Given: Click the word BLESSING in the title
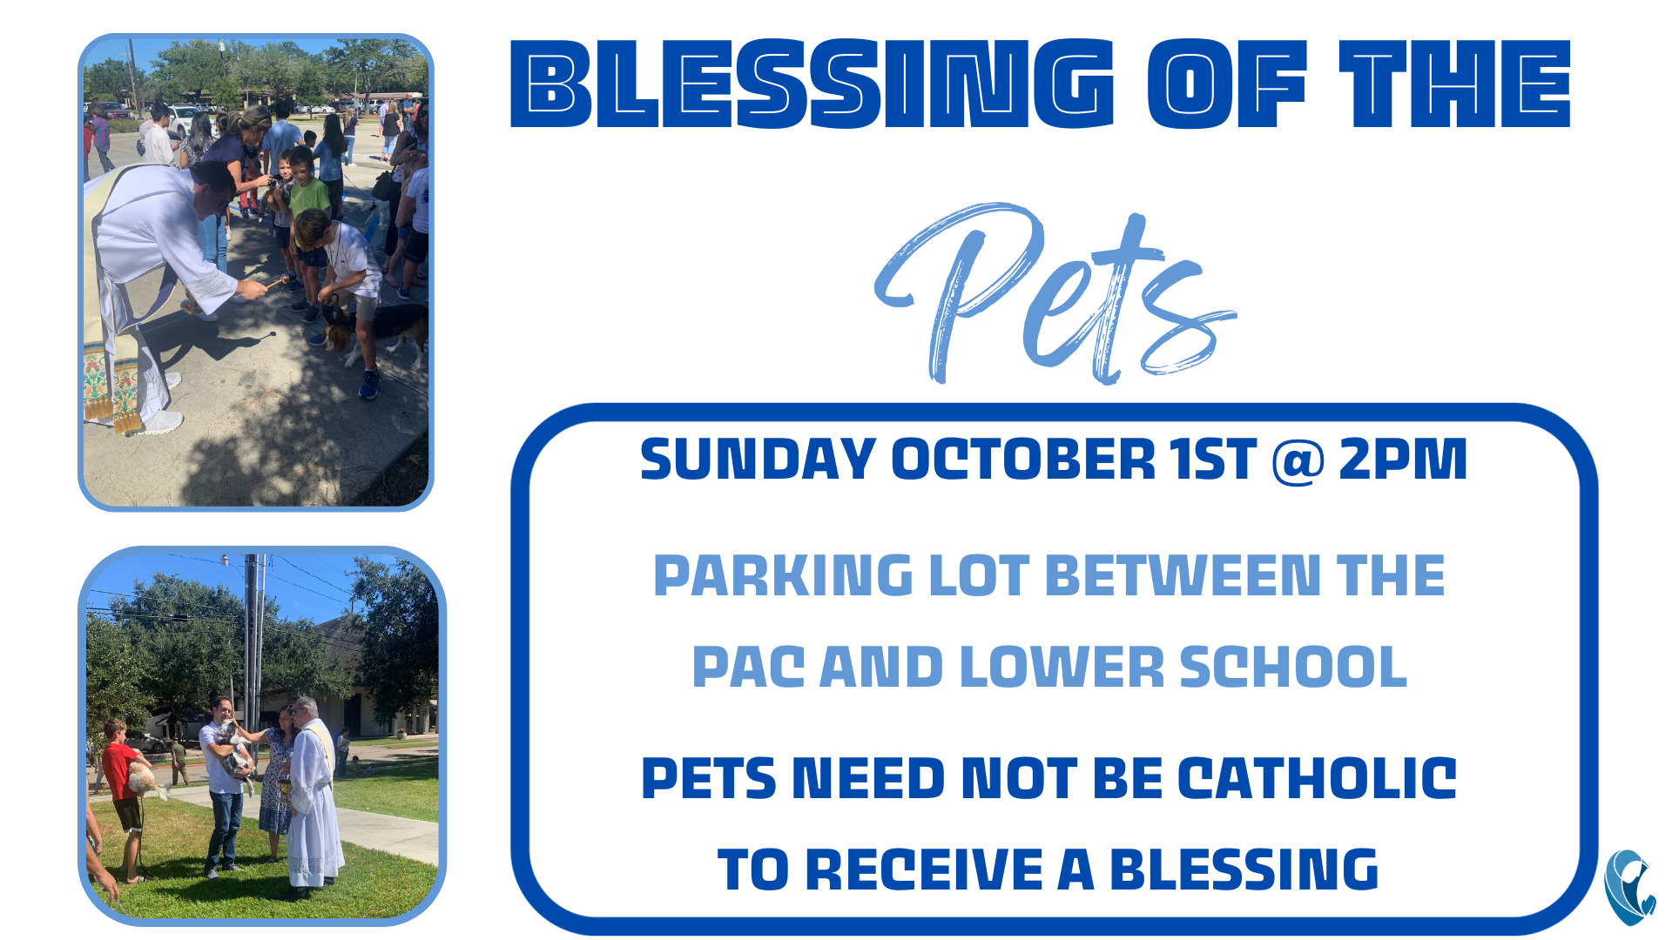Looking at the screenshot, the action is click(x=812, y=84).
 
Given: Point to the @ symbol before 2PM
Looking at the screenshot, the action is click(x=1298, y=460).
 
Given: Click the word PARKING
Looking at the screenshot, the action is click(x=783, y=576).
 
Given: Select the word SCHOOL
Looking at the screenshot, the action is click(x=1293, y=668).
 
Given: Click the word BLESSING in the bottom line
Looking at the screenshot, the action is click(x=1244, y=869).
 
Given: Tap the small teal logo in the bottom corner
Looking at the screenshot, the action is click(x=1630, y=887).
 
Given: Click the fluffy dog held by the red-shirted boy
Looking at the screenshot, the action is click(x=150, y=780).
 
